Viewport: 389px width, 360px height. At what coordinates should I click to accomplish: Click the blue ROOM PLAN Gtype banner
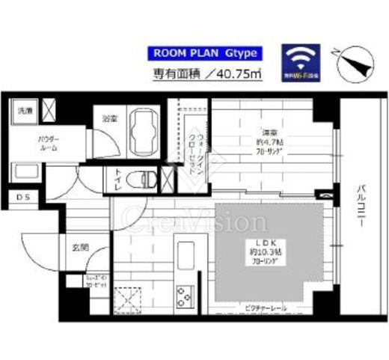pos(206,53)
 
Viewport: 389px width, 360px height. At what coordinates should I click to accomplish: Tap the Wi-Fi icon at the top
pos(301,61)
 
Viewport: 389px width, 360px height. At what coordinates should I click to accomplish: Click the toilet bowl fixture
pos(141,180)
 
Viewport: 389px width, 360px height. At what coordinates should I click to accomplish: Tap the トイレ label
pos(117,179)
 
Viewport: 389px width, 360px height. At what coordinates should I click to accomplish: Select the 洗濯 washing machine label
pos(25,111)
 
